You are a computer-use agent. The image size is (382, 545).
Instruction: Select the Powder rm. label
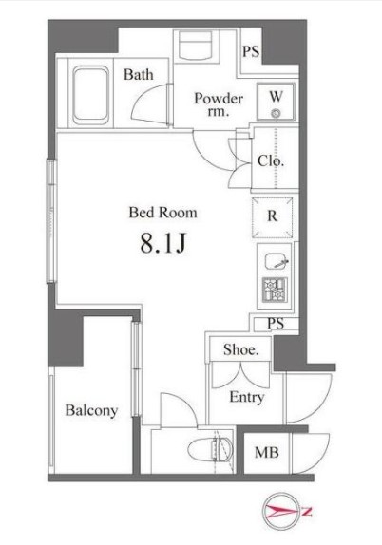(x=219, y=105)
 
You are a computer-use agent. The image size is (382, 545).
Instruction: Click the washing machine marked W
(x=275, y=103)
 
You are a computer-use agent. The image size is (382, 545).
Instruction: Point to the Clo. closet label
(x=271, y=160)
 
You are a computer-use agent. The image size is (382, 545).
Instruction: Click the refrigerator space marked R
(x=272, y=216)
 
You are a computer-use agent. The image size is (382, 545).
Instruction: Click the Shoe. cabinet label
(x=240, y=349)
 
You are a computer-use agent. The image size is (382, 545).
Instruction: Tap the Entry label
(x=246, y=398)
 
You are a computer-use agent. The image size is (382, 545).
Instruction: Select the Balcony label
(x=92, y=411)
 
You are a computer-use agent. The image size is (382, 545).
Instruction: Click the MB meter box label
(x=266, y=453)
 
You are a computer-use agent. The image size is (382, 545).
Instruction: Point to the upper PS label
(x=251, y=51)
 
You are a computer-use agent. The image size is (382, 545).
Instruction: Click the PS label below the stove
(x=275, y=323)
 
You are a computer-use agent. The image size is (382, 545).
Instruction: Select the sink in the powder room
(x=197, y=47)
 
